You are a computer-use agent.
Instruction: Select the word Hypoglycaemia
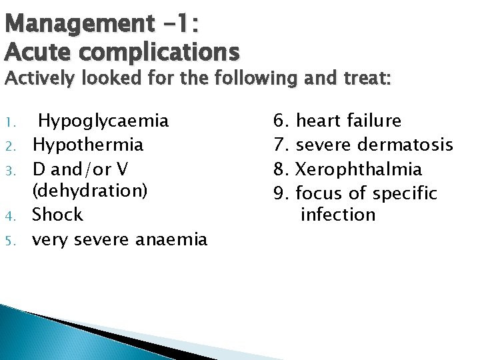click(103, 121)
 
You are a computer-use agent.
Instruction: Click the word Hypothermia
click(87, 145)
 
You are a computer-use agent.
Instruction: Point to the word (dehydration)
click(90, 191)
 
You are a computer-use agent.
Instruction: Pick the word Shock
click(58, 215)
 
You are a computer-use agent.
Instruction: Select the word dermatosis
click(406, 145)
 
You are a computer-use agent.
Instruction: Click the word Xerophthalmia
click(359, 168)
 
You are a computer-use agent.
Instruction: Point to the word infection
click(338, 215)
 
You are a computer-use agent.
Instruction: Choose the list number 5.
click(21, 239)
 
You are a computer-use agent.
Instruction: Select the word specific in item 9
click(405, 194)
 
